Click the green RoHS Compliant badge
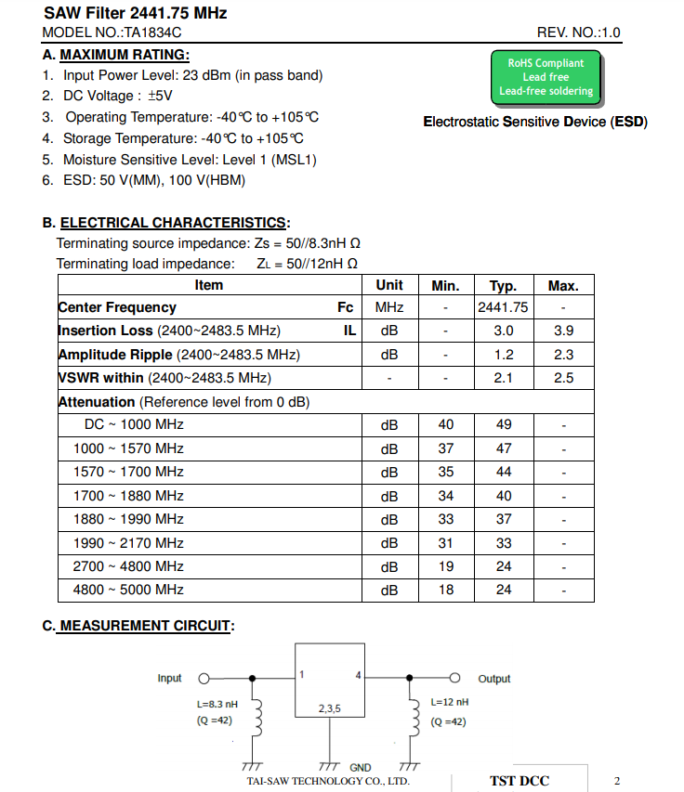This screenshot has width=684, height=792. [546, 77]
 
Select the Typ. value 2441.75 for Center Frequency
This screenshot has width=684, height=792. [503, 307]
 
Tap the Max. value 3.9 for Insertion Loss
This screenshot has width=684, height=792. [563, 331]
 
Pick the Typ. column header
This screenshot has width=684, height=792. [503, 286]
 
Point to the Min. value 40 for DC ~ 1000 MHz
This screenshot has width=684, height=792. [446, 424]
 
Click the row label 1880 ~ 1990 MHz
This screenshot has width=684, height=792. [128, 519]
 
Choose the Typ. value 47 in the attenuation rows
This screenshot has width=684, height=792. [503, 448]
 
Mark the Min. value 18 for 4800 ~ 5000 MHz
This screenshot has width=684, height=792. [446, 590]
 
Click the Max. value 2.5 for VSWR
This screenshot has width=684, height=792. [563, 378]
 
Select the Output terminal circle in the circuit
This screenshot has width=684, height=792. [455, 678]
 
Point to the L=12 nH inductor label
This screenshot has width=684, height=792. [450, 703]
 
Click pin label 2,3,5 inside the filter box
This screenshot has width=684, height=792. [329, 708]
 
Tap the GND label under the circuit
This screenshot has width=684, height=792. [360, 768]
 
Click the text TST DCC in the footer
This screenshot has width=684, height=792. [520, 781]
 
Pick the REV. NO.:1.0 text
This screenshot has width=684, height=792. [578, 32]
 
